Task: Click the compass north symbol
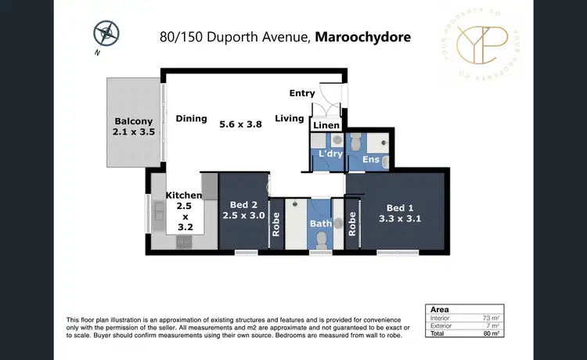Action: pyautogui.click(x=105, y=34)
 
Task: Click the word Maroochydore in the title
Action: pyautogui.click(x=362, y=37)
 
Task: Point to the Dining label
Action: pyautogui.click(x=191, y=119)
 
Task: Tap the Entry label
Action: pyautogui.click(x=302, y=93)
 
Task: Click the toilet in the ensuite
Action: pyautogui.click(x=356, y=143)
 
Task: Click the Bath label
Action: pyautogui.click(x=319, y=223)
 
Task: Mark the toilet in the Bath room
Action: pyautogui.click(x=320, y=242)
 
